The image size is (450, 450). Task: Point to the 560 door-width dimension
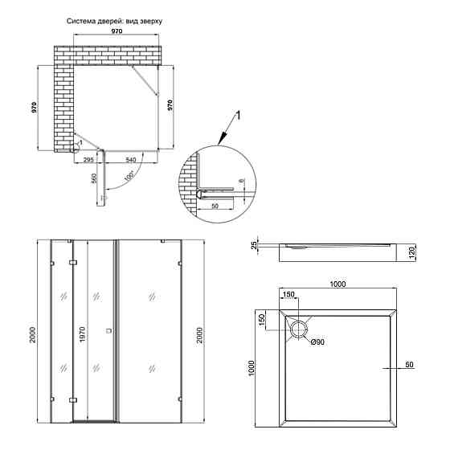tap(94, 179)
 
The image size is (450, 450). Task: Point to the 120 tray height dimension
tap(410, 252)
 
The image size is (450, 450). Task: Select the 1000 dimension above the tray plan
tap(337, 284)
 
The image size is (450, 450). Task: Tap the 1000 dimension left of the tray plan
tap(252, 367)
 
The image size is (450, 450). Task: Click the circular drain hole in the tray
tap(299, 328)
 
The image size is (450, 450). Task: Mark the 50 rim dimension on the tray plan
tap(409, 366)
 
